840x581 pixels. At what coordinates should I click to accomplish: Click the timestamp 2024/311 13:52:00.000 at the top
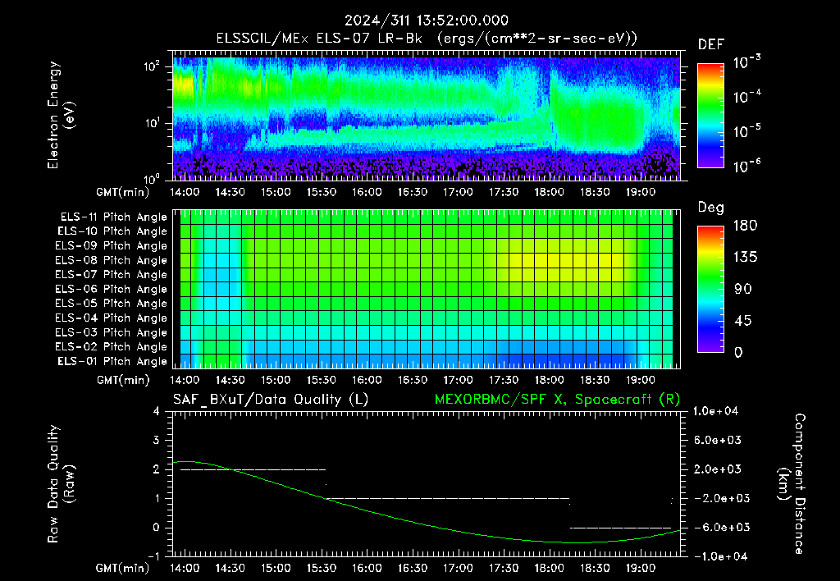[427, 21]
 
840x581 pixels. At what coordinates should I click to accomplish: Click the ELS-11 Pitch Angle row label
[113, 217]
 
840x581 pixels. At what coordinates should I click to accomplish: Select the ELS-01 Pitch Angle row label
[112, 362]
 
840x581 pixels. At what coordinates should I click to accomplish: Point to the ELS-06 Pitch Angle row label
[112, 290]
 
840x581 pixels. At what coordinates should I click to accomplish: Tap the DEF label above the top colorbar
[710, 45]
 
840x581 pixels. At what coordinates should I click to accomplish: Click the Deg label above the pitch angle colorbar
[710, 208]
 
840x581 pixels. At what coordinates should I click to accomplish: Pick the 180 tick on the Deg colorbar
[745, 225]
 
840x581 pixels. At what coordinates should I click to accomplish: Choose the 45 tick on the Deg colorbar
[742, 321]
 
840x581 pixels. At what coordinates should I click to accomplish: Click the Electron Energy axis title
[60, 115]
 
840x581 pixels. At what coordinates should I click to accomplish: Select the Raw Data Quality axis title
[60, 484]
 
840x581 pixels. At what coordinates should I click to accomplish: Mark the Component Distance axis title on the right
[792, 484]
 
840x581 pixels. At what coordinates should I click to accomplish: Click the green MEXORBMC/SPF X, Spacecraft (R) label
[557, 400]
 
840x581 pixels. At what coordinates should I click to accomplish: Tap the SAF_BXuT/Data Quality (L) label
[271, 400]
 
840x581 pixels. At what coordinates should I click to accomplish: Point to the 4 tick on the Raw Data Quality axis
[157, 411]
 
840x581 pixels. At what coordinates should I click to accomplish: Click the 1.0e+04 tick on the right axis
[715, 411]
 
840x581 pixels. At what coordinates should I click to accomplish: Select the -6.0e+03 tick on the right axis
[715, 528]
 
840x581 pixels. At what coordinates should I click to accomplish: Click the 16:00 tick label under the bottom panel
[367, 568]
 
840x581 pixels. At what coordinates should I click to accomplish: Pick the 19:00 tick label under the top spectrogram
[640, 192]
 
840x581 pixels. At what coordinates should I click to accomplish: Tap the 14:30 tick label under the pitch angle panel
[230, 380]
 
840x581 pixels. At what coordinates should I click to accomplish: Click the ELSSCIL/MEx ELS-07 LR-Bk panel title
[319, 39]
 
